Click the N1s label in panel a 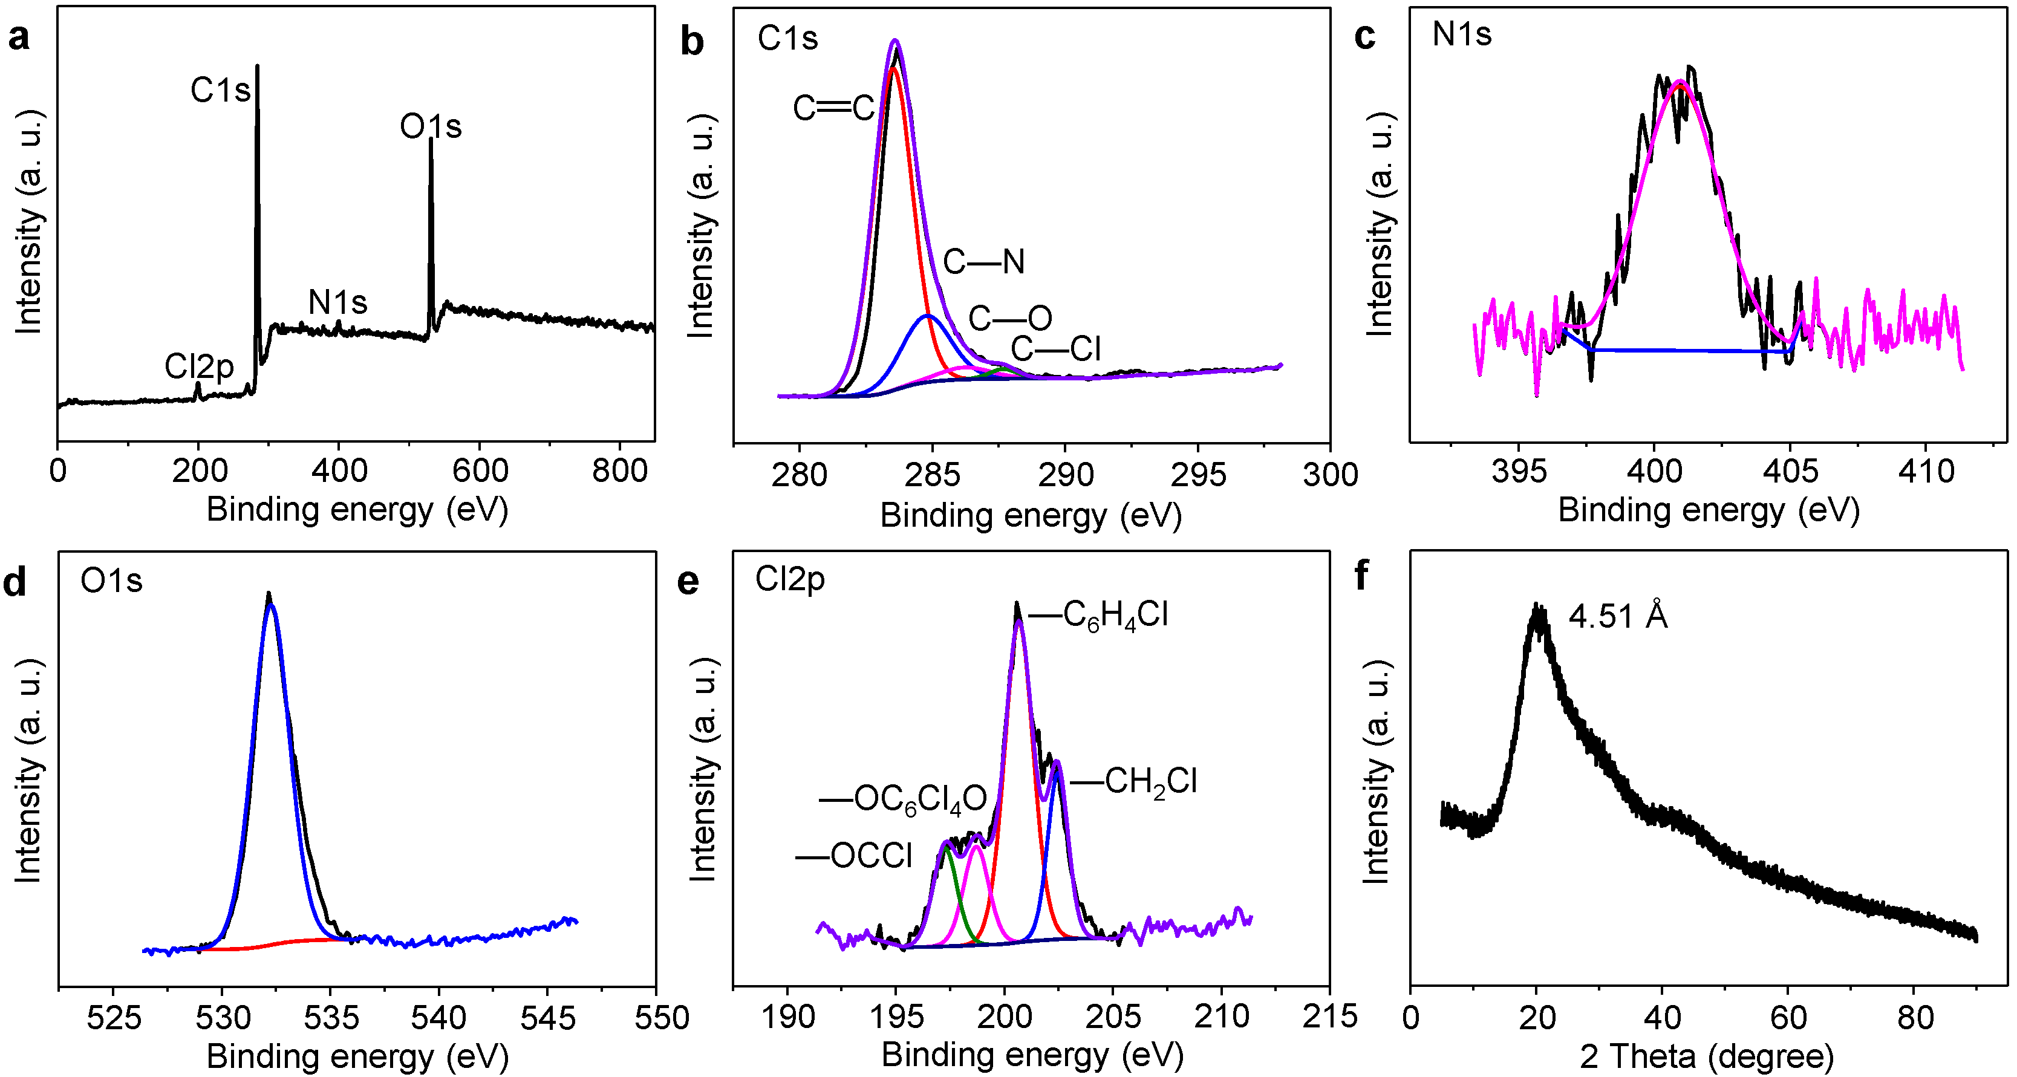(337, 302)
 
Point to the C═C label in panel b (833, 108)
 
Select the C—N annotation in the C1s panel (983, 261)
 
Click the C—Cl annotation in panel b (1055, 349)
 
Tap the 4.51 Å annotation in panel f (1618, 617)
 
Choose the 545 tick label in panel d (547, 1018)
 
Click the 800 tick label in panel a (619, 471)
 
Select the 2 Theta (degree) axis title (1707, 1056)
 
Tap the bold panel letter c (1365, 37)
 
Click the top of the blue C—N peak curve (928, 316)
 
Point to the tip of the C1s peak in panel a (258, 67)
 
